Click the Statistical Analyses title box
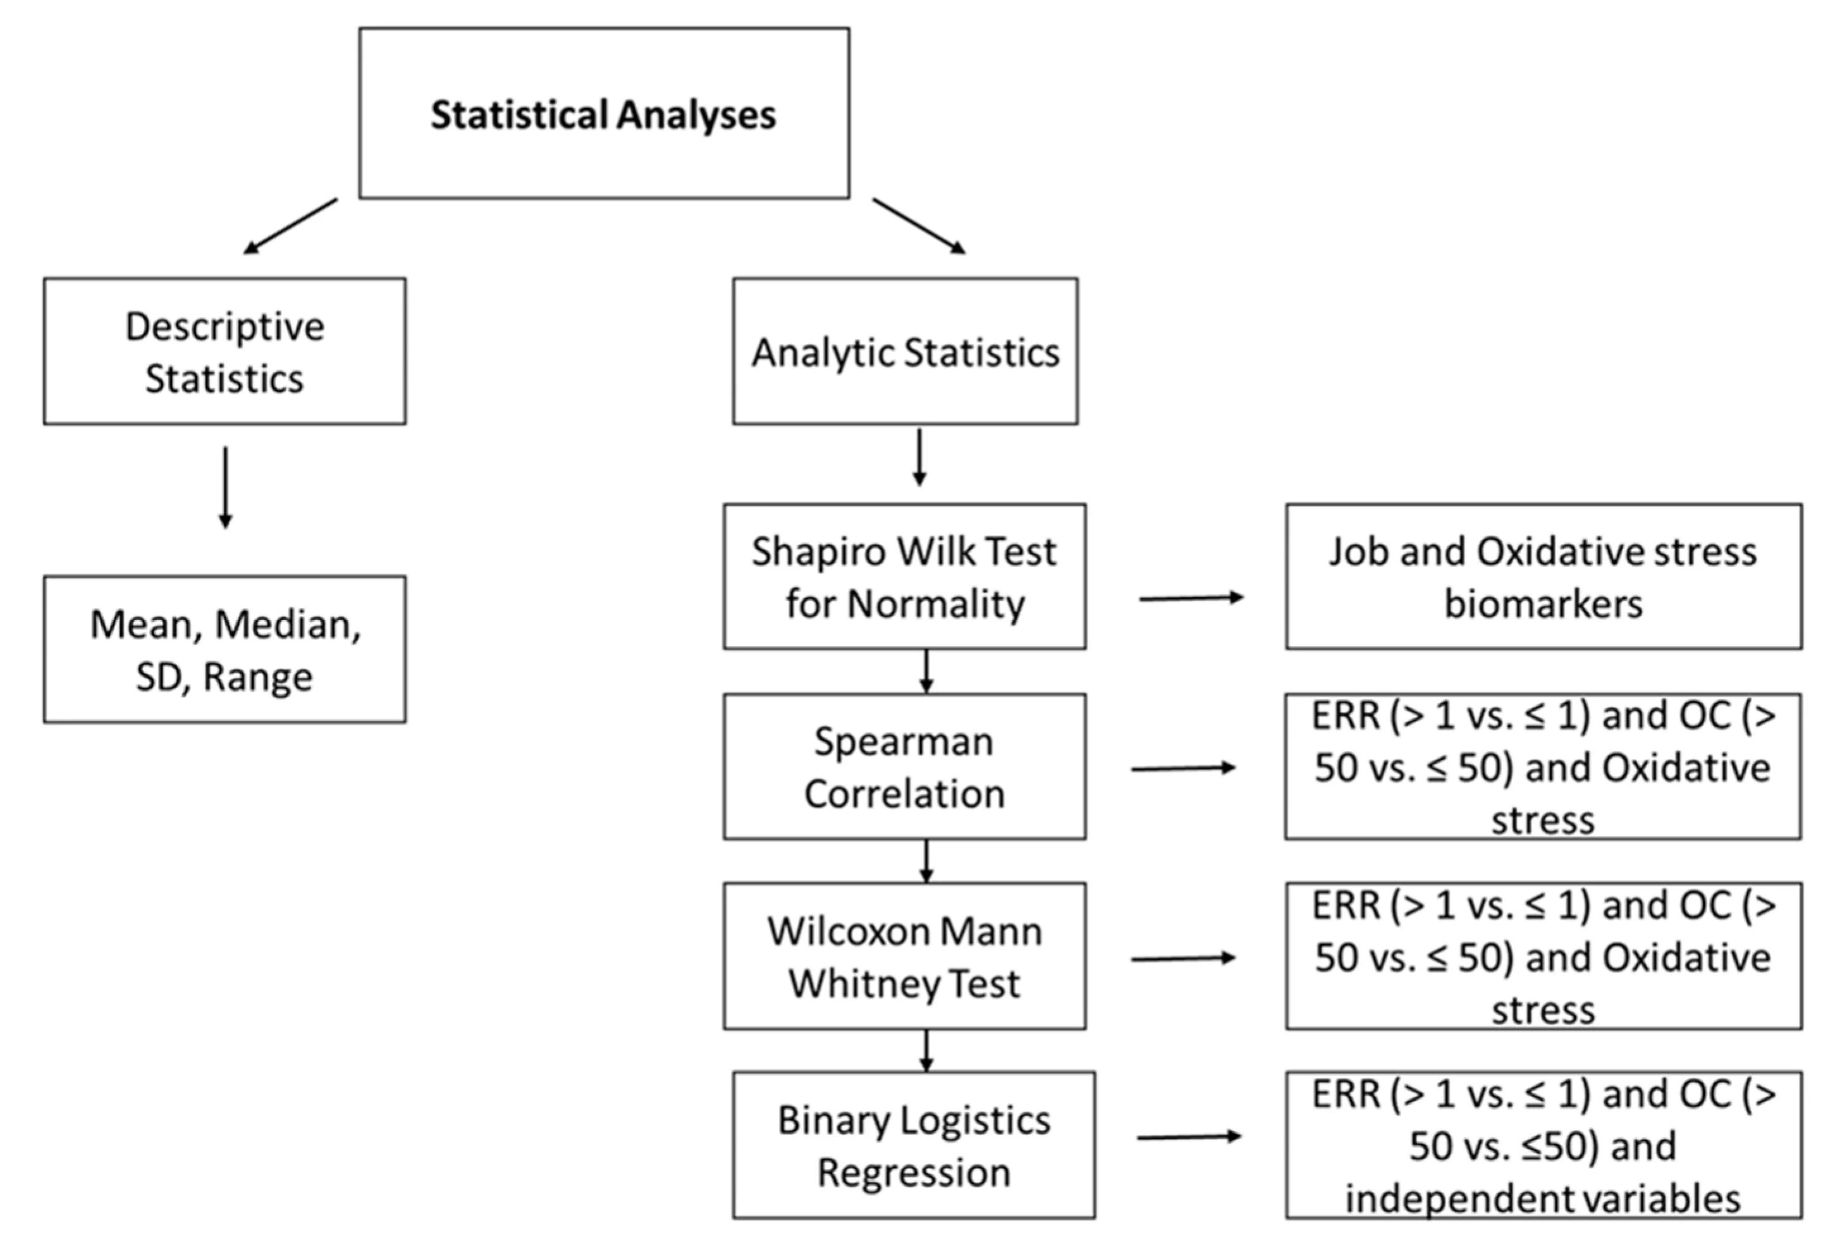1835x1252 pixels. coord(604,113)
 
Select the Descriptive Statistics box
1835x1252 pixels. coord(225,352)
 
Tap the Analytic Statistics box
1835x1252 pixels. coord(905,352)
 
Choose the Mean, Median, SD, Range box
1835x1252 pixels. coord(225,649)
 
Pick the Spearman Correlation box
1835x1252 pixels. coord(905,766)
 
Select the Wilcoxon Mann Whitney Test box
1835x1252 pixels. coord(905,956)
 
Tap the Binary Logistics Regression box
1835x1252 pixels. coord(914,1145)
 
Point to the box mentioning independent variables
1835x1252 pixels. coord(1543,1145)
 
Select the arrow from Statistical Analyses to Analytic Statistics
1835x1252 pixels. coord(919,226)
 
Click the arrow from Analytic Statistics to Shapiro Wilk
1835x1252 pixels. coord(919,458)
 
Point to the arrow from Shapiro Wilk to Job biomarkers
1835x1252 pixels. coord(1191,598)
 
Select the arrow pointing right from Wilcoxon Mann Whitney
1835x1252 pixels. coord(1184,959)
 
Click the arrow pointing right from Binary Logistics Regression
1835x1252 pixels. coord(1189,1137)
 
